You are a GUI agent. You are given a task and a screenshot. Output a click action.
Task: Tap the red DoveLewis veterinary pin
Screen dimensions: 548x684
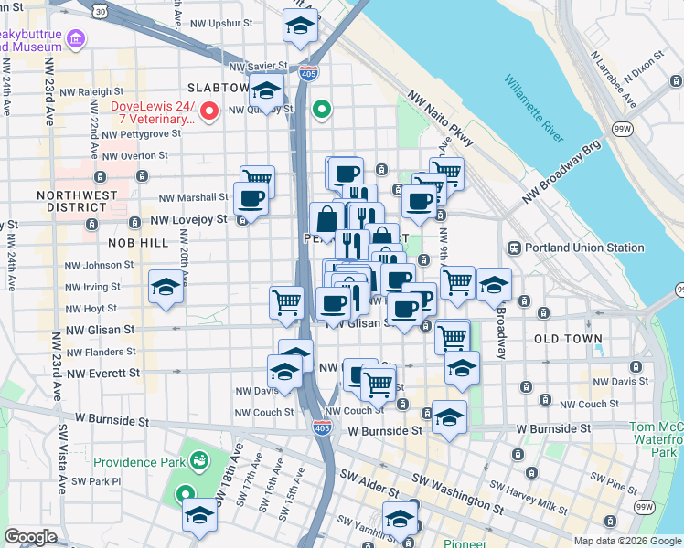point(208,112)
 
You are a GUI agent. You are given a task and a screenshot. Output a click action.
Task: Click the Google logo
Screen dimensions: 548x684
point(30,537)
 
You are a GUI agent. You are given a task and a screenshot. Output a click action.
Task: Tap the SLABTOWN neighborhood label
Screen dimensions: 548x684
point(218,88)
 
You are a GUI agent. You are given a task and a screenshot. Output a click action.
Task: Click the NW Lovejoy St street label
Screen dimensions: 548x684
point(187,220)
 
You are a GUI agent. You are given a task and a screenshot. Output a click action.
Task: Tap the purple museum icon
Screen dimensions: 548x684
point(76,39)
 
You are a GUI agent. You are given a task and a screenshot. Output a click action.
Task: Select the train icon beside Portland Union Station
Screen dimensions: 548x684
point(515,248)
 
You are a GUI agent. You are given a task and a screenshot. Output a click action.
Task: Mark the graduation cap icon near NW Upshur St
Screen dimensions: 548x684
point(298,28)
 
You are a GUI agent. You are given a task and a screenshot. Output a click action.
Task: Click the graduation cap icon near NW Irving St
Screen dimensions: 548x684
point(166,288)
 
